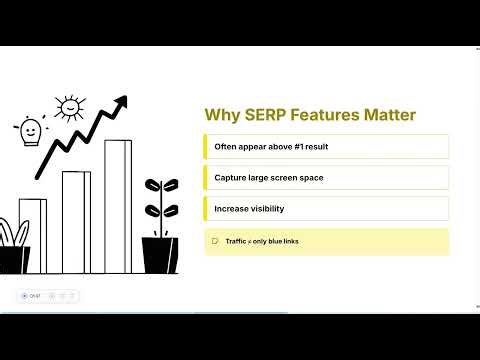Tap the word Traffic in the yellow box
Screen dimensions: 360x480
236,241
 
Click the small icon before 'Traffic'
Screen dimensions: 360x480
214,241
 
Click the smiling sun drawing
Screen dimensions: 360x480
68,106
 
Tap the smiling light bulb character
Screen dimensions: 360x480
30,132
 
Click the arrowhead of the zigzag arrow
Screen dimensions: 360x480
122,101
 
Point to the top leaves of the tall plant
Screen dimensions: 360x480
157,187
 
